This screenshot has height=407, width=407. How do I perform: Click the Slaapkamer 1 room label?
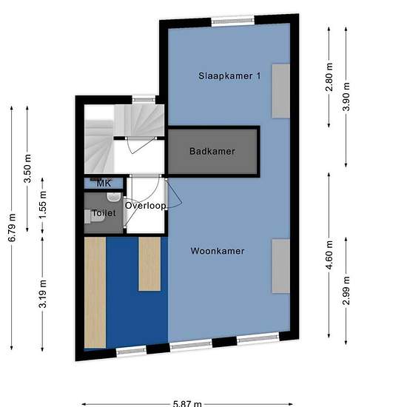[x=229, y=76]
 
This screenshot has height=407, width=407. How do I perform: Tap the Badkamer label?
[x=212, y=151]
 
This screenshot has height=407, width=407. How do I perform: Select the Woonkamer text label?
[x=218, y=251]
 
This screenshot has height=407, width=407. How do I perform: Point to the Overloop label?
[x=145, y=206]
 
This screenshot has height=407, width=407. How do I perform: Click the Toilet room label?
[x=104, y=213]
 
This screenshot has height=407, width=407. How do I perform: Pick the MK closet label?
[x=104, y=184]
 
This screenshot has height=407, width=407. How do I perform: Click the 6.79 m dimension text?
[x=12, y=228]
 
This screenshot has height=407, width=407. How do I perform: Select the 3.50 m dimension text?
[x=27, y=169]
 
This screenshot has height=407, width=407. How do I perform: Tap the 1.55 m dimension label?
[x=43, y=205]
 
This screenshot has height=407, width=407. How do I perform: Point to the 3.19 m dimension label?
[x=43, y=294]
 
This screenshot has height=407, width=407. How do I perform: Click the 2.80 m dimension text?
[x=329, y=77]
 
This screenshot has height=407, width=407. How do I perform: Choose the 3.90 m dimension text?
[x=346, y=96]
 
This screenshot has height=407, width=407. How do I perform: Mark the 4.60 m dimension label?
[x=329, y=255]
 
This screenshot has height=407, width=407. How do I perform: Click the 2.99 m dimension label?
[x=346, y=291]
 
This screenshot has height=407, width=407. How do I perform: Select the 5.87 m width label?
[x=187, y=403]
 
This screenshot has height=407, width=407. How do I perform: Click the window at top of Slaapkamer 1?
[x=233, y=21]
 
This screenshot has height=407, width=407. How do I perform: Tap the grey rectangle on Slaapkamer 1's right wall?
[x=281, y=91]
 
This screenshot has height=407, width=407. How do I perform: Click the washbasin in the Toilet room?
[x=114, y=197]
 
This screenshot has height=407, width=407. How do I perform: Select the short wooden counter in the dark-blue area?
[x=149, y=263]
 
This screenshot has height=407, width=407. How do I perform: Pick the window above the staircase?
[x=144, y=99]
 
